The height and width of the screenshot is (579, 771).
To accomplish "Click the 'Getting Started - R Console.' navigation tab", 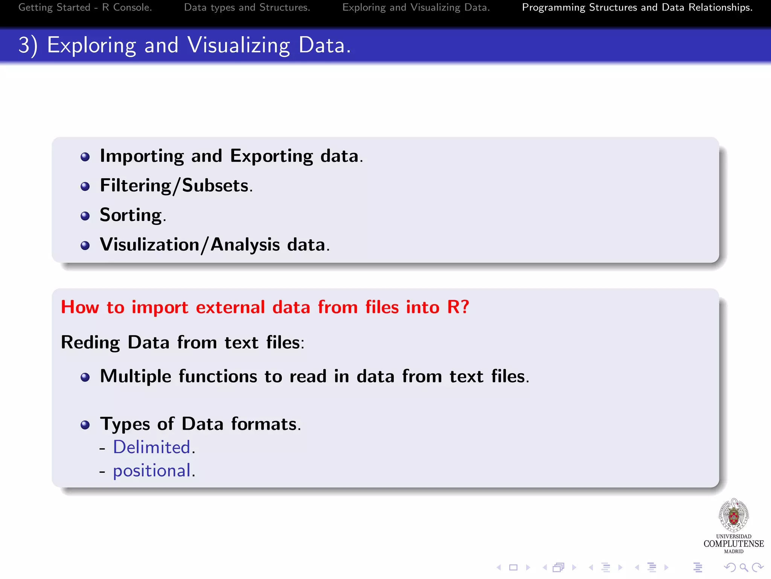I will [x=85, y=8].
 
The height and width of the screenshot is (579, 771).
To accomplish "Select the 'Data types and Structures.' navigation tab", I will [x=247, y=8].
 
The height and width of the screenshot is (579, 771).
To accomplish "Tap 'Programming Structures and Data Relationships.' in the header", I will [x=637, y=8].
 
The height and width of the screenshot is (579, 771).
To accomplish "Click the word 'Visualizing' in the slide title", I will [x=239, y=45].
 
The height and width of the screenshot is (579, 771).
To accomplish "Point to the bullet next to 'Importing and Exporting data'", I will [x=85, y=157].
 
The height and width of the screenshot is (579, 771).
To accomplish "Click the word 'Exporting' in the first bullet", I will [x=271, y=156].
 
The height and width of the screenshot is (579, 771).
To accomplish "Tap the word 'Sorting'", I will [x=131, y=215].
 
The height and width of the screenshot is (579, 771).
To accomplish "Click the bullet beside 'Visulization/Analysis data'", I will [x=85, y=246].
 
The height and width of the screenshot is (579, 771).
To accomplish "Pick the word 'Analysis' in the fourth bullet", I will [x=245, y=245].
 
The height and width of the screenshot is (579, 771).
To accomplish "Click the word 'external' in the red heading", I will [x=230, y=307].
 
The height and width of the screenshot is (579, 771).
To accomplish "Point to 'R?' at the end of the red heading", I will [x=458, y=307].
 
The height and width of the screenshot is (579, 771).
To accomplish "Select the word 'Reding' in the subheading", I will [x=90, y=343].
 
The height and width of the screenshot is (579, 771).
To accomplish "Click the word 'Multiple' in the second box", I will [x=136, y=377].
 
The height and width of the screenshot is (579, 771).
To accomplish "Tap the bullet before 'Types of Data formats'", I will [x=85, y=425].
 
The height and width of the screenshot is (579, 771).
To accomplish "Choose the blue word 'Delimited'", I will [x=152, y=447].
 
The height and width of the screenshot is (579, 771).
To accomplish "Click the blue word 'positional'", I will [x=152, y=471].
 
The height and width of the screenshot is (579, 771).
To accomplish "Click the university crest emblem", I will [x=733, y=515].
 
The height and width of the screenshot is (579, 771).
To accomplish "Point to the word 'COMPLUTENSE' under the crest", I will [x=733, y=544].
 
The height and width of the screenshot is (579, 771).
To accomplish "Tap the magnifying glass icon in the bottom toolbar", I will [x=744, y=567].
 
